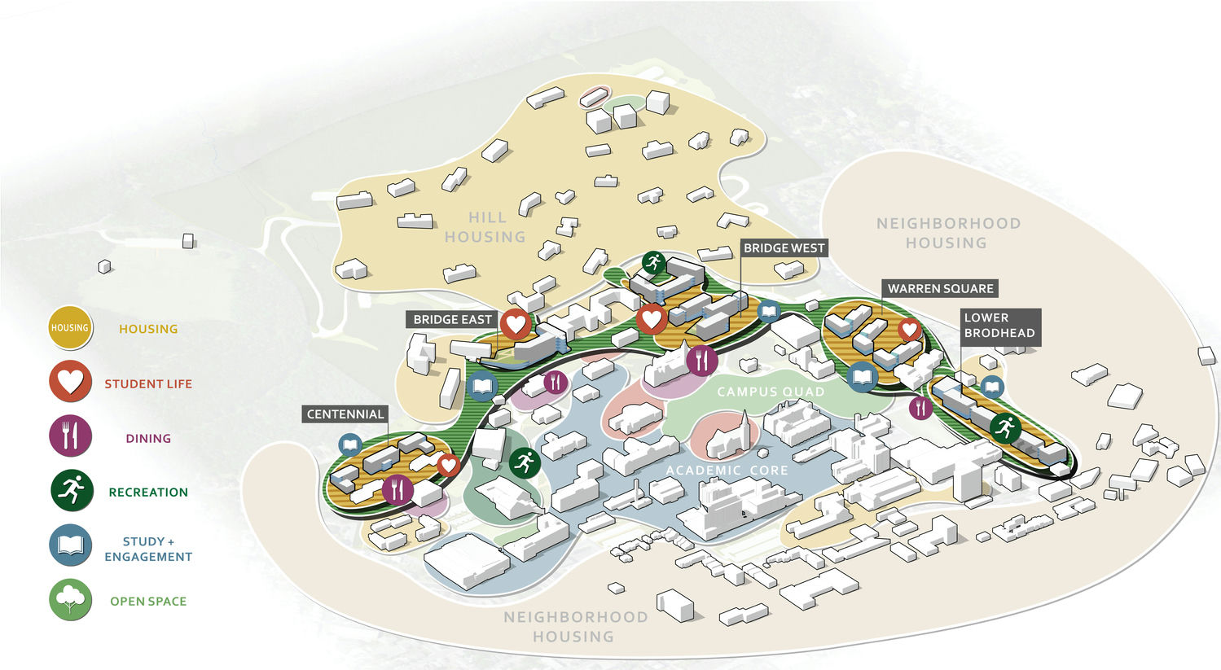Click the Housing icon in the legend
pyautogui.click(x=70, y=328)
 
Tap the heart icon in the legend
pyautogui.click(x=70, y=382)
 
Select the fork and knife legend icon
pyautogui.click(x=70, y=436)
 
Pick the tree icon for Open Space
pyautogui.click(x=70, y=600)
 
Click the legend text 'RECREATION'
pyautogui.click(x=148, y=493)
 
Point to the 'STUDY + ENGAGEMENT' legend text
pyautogui.click(x=148, y=550)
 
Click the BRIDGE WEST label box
pyautogui.click(x=784, y=248)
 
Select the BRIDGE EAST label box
pyautogui.click(x=452, y=320)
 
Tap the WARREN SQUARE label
pyautogui.click(x=940, y=288)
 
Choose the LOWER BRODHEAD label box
pyautogui.click(x=999, y=326)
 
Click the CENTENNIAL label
pyautogui.click(x=345, y=414)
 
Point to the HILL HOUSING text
pyautogui.click(x=485, y=227)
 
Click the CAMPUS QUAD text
pyautogui.click(x=771, y=392)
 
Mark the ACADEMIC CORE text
pyautogui.click(x=727, y=471)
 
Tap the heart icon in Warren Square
pyautogui.click(x=909, y=330)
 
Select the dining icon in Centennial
pyautogui.click(x=397, y=490)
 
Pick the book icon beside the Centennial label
pyautogui.click(x=350, y=444)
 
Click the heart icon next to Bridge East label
pyautogui.click(x=516, y=324)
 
